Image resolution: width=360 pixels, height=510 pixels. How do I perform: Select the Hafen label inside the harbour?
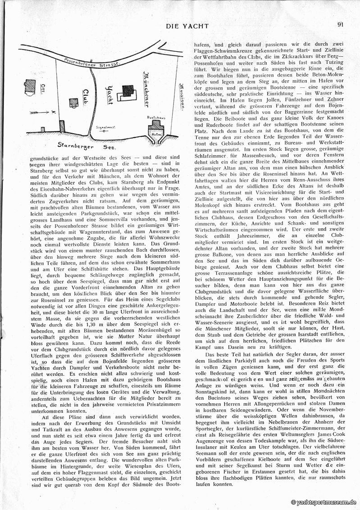[157, 134]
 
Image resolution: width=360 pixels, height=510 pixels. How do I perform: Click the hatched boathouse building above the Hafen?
[157, 125]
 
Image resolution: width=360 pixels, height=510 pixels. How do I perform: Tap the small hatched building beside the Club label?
[73, 103]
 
